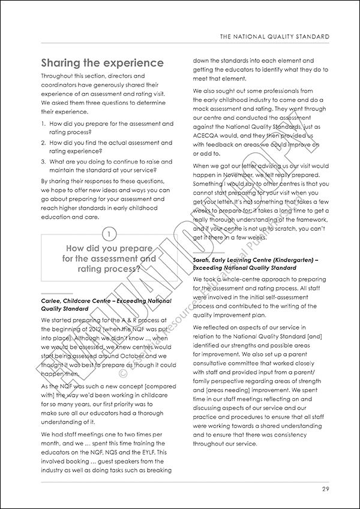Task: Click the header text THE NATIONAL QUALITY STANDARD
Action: click(x=275, y=37)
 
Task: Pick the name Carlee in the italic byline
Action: click(x=50, y=300)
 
